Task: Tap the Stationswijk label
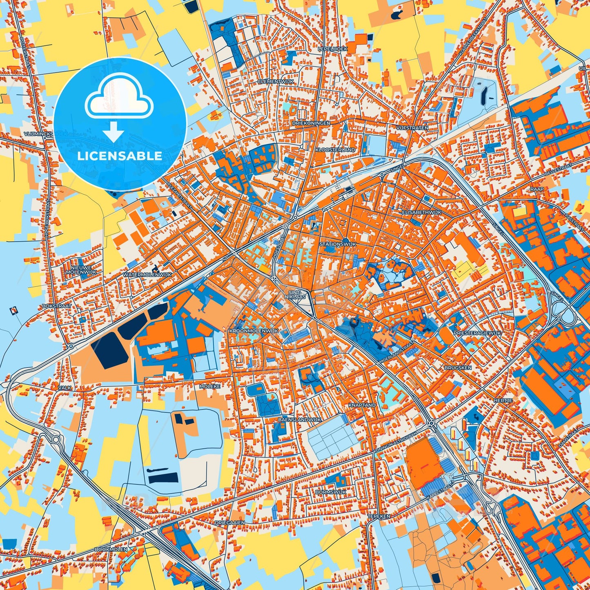[338, 244]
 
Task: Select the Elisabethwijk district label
[422, 213]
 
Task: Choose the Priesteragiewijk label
[477, 333]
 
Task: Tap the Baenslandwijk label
[300, 419]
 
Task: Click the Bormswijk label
[331, 492]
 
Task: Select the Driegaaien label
[230, 522]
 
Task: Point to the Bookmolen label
[111, 549]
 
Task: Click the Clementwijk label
[276, 82]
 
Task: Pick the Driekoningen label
[311, 122]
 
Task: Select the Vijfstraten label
[412, 128]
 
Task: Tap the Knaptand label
[362, 405]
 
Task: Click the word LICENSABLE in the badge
[120, 156]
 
